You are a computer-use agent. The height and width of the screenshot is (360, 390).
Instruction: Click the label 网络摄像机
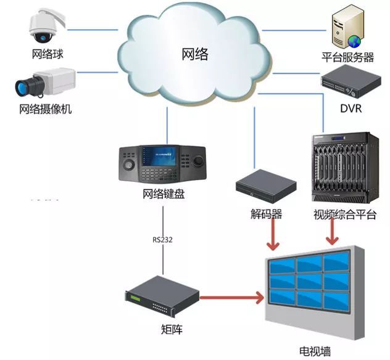(46, 110)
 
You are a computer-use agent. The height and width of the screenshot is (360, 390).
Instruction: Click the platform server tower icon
(344, 27)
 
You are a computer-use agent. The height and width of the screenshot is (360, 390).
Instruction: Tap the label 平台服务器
(348, 57)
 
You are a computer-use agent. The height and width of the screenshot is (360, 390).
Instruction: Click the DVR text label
(351, 109)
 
